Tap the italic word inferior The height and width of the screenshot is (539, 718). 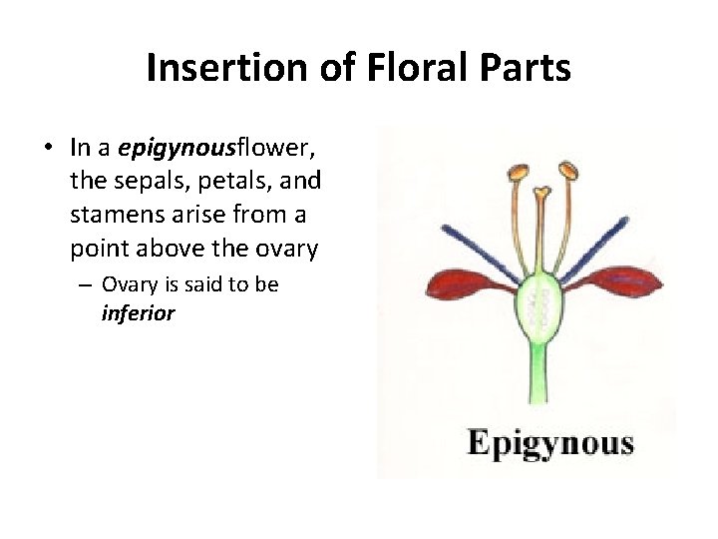point(138,313)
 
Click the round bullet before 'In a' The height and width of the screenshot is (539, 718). point(48,150)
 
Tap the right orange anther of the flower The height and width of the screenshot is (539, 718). point(568,171)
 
